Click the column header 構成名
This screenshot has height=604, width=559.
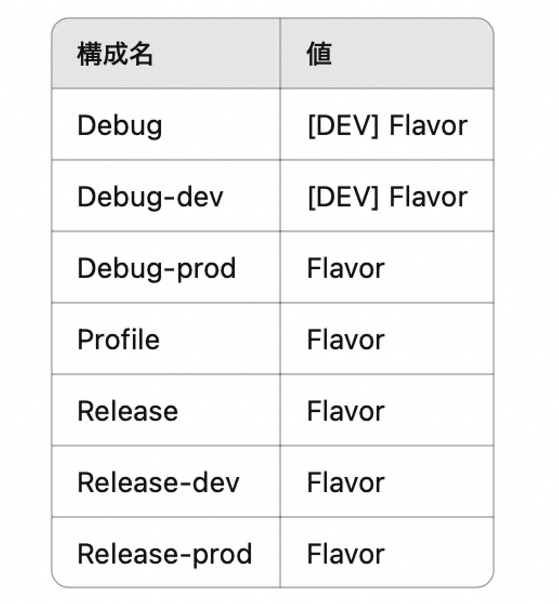[x=115, y=54]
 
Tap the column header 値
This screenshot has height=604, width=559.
[x=319, y=54]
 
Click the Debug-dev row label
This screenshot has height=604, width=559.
[x=150, y=197]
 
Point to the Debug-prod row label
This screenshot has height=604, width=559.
[x=156, y=268]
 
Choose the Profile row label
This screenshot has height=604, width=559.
[x=118, y=340]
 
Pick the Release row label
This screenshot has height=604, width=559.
[x=128, y=411]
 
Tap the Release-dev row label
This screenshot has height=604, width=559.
[x=158, y=483]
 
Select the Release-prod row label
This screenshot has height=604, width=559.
[x=165, y=554]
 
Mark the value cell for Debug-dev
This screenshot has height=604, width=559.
[x=387, y=197]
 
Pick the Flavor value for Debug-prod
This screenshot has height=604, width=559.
[x=345, y=268]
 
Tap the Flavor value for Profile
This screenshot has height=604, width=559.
[x=345, y=340]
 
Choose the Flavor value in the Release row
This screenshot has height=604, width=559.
[x=345, y=411]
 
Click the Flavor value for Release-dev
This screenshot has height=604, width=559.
[x=345, y=483]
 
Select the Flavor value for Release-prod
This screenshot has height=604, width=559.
[x=345, y=554]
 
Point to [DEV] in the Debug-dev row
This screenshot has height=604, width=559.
[x=343, y=197]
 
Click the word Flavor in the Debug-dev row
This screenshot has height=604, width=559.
[x=428, y=197]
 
